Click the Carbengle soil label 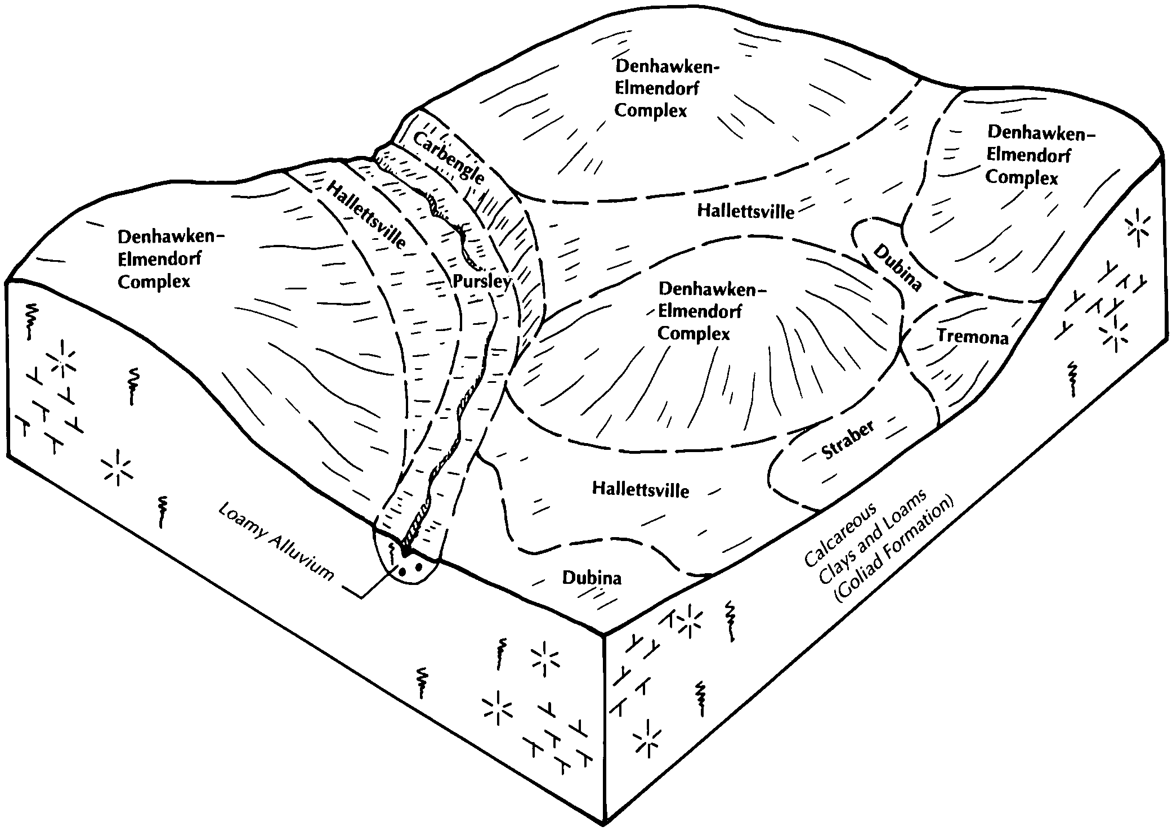[x=449, y=158]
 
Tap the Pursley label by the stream [x=482, y=281]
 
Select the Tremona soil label [x=972, y=337]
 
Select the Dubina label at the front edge [x=592, y=578]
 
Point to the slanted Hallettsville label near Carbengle [x=366, y=215]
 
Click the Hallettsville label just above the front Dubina [x=641, y=489]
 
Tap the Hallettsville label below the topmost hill [x=746, y=211]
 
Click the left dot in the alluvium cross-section [x=402, y=571]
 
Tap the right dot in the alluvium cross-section [x=419, y=567]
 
